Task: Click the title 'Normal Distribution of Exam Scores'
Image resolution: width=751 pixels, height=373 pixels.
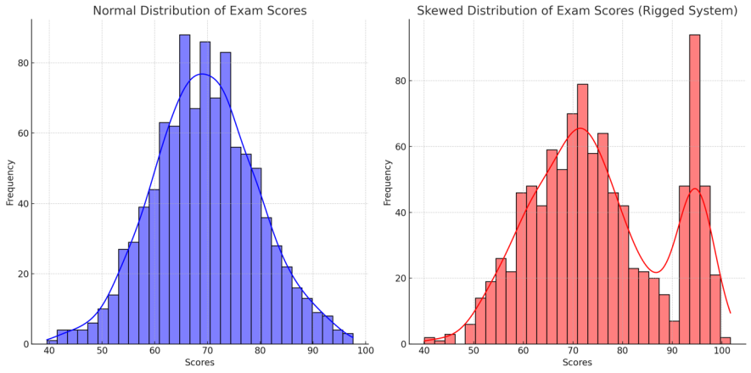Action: click(199, 11)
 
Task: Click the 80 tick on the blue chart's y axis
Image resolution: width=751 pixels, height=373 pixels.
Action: click(24, 63)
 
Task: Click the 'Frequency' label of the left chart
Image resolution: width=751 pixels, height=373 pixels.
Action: click(10, 182)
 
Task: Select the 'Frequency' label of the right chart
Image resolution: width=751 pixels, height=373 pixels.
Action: click(388, 182)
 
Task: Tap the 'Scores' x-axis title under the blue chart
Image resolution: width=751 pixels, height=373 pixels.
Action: click(200, 364)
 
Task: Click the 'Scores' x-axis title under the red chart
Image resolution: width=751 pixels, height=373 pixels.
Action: click(577, 364)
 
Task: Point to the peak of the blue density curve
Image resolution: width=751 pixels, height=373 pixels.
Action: click(203, 74)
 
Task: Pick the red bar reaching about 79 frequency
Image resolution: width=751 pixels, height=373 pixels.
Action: click(582, 212)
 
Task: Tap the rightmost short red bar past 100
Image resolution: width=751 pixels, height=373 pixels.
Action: click(725, 341)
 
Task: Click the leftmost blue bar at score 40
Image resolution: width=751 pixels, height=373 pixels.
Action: click(52, 342)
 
